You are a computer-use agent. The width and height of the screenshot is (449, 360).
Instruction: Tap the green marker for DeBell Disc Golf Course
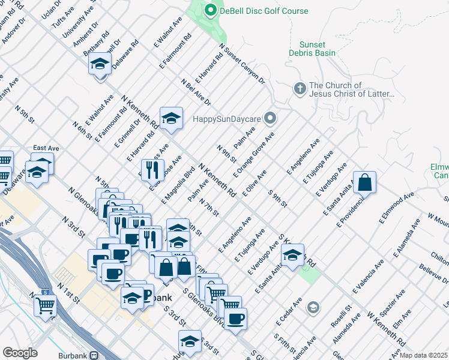[210, 10]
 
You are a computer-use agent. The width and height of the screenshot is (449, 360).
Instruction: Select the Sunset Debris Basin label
[313, 49]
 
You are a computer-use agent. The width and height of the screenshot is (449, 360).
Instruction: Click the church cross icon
[300, 89]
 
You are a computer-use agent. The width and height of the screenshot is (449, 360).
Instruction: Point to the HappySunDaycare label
[228, 118]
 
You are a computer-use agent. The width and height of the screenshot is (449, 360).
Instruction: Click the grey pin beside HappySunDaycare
[271, 118]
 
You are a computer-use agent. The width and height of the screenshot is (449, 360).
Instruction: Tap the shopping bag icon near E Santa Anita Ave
[366, 182]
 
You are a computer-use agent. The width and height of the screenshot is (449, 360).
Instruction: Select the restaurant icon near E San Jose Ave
[152, 170]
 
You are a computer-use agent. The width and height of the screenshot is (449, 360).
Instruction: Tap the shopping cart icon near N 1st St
[46, 305]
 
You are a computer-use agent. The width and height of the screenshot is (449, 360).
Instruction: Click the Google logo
[20, 353]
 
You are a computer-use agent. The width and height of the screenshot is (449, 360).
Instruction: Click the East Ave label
[46, 148]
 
